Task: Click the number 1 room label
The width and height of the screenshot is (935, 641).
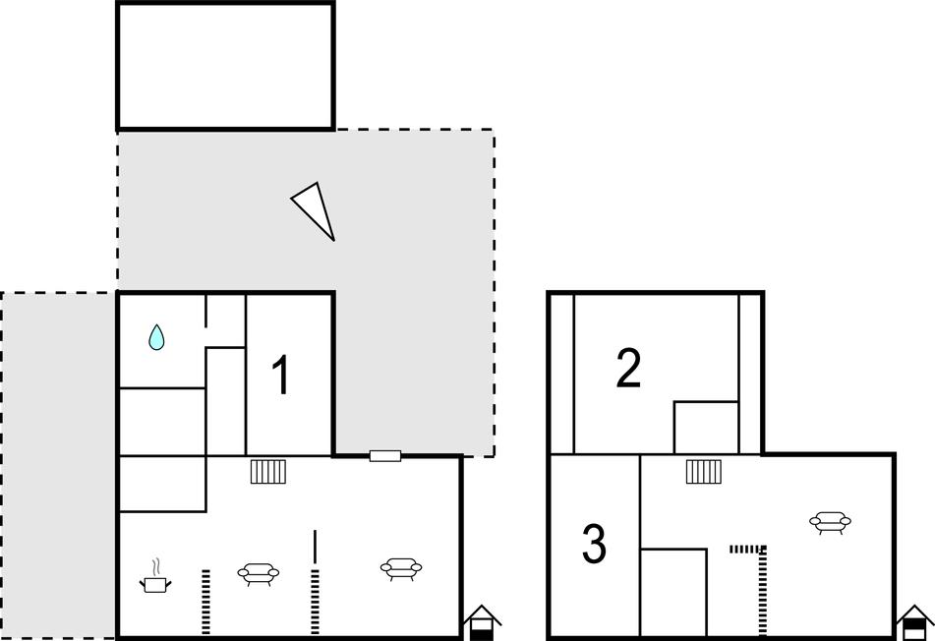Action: (280, 375)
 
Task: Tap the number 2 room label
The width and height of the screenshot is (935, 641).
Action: (628, 369)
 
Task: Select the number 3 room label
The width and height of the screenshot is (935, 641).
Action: (594, 544)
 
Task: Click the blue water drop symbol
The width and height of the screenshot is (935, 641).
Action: (156, 337)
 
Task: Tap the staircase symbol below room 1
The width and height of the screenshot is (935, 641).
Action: (267, 471)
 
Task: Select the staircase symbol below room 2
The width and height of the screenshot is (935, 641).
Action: (704, 471)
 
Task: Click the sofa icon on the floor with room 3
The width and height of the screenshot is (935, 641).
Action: (830, 522)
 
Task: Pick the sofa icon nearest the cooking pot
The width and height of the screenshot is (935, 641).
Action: (259, 573)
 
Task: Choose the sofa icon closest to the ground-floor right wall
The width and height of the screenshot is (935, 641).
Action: (401, 568)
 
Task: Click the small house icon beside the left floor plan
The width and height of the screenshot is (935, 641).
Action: (483, 622)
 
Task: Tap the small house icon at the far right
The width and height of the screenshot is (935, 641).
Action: (914, 622)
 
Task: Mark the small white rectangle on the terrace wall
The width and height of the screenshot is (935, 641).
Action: (385, 456)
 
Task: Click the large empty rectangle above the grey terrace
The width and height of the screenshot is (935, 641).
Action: (225, 66)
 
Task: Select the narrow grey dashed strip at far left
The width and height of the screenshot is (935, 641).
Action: (58, 465)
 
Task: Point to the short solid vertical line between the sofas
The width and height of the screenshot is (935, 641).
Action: (315, 547)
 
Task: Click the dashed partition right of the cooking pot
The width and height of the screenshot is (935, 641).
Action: (205, 602)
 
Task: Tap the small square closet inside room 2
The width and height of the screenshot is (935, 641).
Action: (706, 428)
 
